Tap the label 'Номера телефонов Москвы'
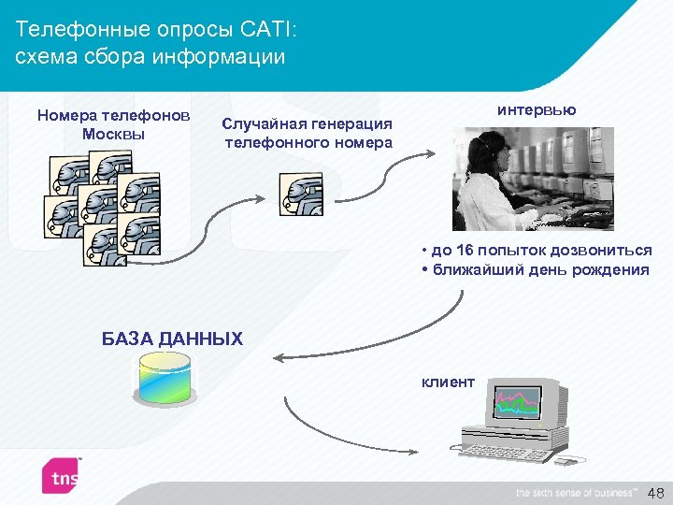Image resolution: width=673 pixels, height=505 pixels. click(113, 123)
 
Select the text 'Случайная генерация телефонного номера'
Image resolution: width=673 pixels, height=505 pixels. click(308, 133)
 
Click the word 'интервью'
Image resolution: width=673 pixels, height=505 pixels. click(537, 109)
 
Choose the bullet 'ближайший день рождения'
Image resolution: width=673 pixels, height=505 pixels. click(538, 270)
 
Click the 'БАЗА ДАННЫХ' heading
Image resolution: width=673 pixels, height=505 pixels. click(172, 339)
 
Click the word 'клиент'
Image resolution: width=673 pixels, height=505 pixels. click(448, 382)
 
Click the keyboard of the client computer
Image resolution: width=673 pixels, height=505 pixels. click(505, 452)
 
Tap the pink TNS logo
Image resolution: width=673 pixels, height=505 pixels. click(62, 476)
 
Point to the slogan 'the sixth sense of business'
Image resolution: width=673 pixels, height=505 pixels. click(575, 492)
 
